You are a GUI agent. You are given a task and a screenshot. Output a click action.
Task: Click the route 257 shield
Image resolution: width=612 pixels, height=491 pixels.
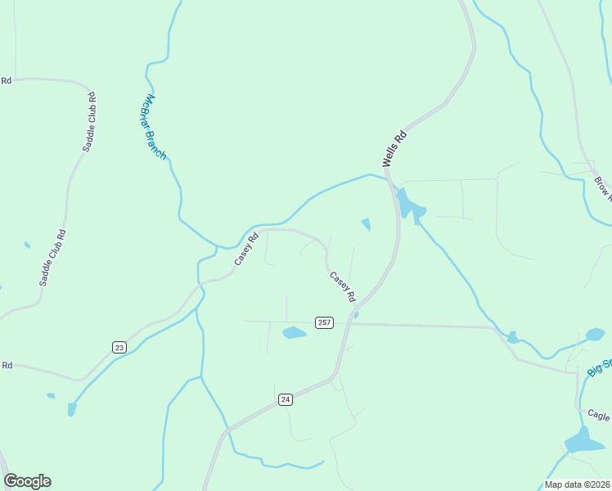[325, 322]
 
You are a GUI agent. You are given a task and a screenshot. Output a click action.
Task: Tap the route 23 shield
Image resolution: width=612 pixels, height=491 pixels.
[119, 348]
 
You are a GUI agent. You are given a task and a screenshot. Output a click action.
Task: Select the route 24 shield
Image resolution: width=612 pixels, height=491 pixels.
[285, 399]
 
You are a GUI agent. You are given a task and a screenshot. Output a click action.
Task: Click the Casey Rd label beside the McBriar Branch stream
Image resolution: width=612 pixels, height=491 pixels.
[246, 249]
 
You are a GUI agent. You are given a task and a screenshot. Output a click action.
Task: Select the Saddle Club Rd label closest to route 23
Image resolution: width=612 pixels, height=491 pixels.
[52, 257]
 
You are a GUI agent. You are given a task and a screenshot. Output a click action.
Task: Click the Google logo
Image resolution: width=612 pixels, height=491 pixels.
[27, 481]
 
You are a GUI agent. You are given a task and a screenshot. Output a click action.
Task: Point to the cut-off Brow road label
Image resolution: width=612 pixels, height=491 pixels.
[603, 188]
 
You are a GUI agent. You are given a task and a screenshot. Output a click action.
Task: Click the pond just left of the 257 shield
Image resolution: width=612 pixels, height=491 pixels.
[294, 332]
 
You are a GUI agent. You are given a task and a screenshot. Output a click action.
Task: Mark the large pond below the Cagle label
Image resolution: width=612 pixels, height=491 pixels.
[583, 441]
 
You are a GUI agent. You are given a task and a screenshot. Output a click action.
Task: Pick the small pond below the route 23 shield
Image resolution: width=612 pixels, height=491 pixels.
[72, 408]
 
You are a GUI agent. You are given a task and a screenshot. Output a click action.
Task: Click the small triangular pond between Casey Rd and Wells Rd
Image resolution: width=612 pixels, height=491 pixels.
[366, 223]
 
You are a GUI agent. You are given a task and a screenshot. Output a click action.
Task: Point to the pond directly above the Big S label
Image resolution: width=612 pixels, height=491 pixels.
[596, 334]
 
